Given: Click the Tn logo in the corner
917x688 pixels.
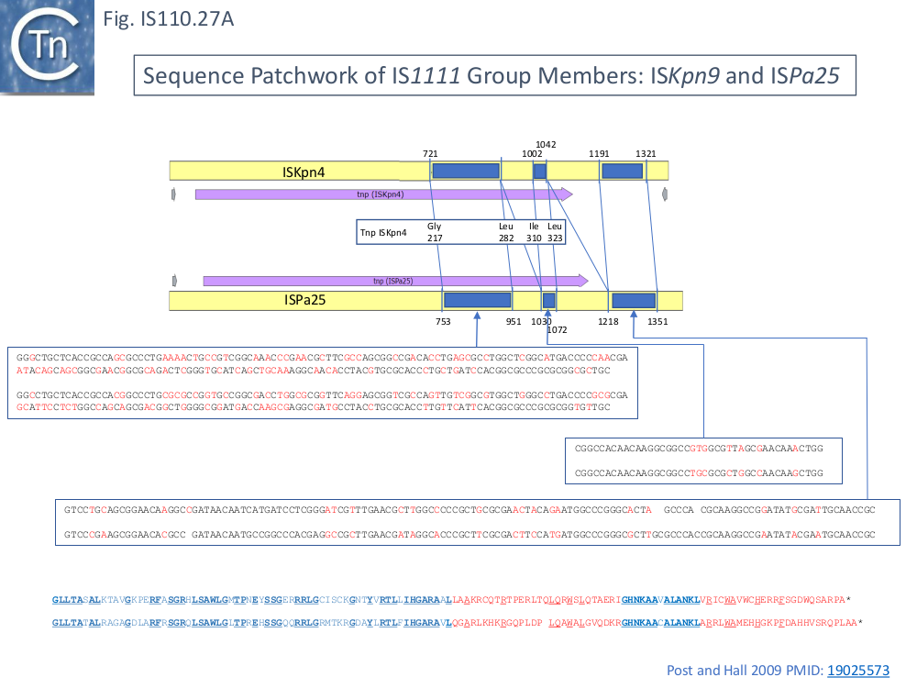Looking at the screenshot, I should coord(48,48).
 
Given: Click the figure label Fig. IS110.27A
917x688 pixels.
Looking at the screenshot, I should coord(169,18).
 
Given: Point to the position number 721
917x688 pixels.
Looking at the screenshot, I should coord(430,154).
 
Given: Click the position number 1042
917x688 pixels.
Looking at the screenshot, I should coord(546,144).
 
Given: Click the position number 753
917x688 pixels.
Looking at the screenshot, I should coord(444,322).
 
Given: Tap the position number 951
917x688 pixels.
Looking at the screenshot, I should coord(514,322).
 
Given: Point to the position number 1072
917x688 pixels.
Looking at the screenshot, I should coord(558,330).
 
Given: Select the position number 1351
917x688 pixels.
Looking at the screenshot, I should coord(657,322).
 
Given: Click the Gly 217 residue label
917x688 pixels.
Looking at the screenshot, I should coord(435,232).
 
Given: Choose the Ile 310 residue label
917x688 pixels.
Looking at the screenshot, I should coord(535,232).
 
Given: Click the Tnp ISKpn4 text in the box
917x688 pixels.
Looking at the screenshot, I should coord(383,233).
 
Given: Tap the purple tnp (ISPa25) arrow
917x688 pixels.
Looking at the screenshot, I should coord(394,281).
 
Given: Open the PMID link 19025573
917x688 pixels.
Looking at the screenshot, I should coord(858,671).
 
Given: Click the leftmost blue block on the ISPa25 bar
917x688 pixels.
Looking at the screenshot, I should coord(477,300).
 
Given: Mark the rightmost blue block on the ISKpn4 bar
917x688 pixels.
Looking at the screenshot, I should coord(622,171).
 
